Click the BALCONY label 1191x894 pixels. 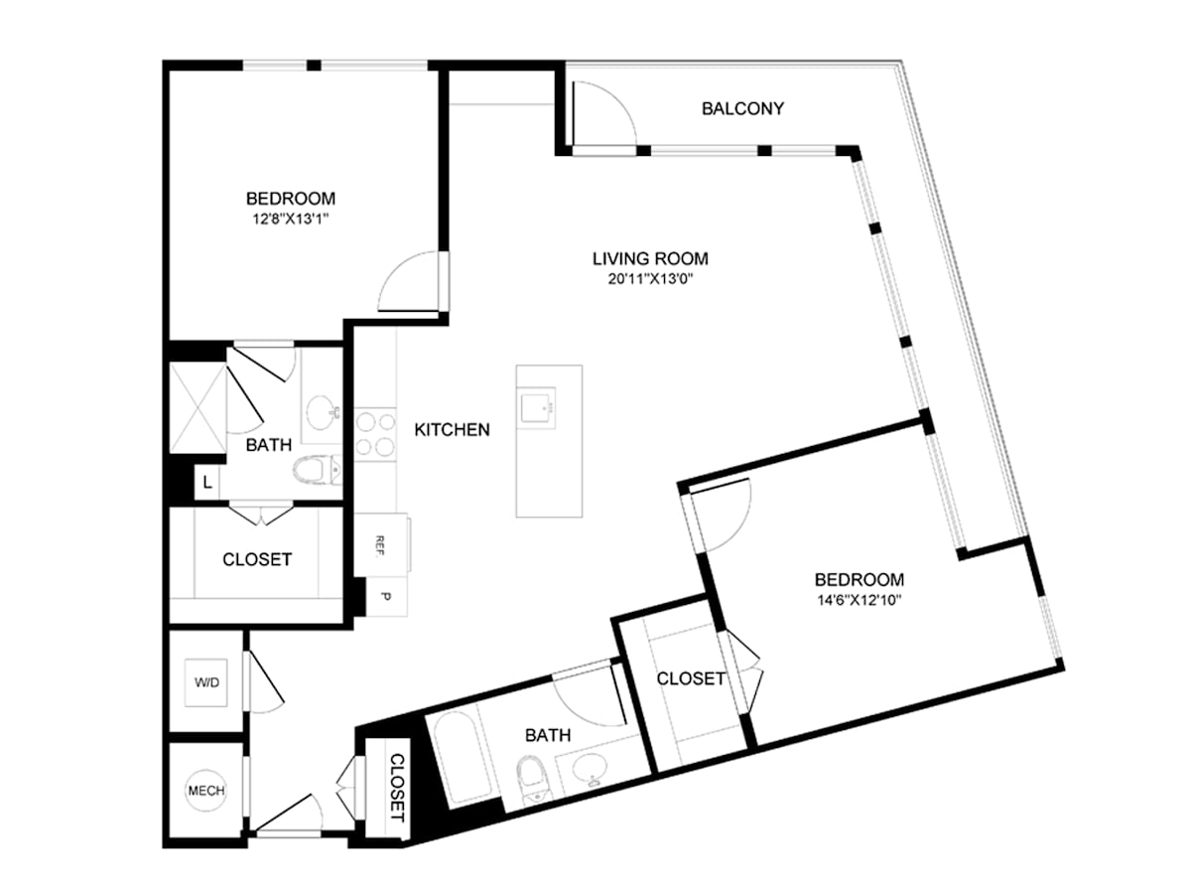[742, 108]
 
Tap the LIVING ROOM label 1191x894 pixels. [650, 258]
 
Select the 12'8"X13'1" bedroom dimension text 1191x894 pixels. [291, 220]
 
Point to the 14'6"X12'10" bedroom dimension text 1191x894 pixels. [859, 601]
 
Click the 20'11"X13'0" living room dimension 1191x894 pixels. [650, 279]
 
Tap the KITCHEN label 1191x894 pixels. [452, 430]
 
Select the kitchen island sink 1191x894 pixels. [537, 406]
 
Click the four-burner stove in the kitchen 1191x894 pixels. [375, 434]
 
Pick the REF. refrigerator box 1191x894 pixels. [381, 544]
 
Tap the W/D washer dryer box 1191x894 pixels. [206, 682]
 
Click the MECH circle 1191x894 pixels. [206, 791]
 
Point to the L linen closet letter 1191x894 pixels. [207, 482]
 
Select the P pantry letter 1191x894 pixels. [386, 597]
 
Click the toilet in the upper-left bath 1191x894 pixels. [318, 470]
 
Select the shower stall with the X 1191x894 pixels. [198, 407]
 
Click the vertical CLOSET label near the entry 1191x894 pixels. [398, 788]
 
